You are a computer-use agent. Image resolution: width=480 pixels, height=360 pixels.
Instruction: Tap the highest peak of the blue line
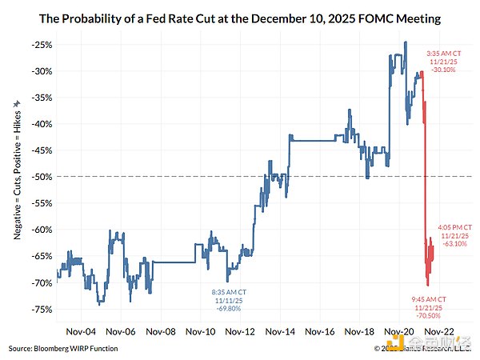coord(406,42)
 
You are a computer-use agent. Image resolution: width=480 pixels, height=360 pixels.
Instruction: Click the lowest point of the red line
coord(428,286)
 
